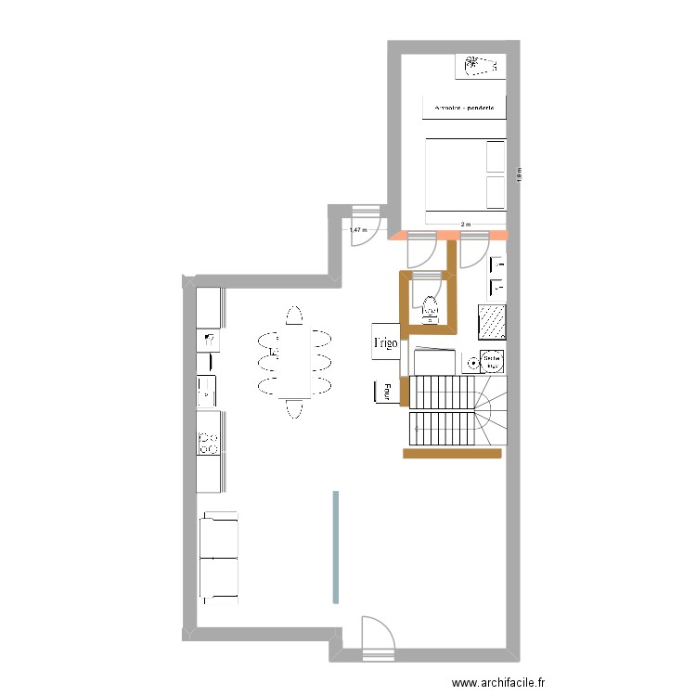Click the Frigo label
click(385, 342)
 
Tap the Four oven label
click(380, 393)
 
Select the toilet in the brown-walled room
click(430, 307)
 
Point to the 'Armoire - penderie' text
click(464, 109)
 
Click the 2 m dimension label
click(466, 224)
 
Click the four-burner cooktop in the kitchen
click(209, 444)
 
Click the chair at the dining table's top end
click(294, 316)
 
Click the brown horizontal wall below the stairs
click(452, 454)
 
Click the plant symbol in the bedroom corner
click(480, 66)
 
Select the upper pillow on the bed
click(496, 157)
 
